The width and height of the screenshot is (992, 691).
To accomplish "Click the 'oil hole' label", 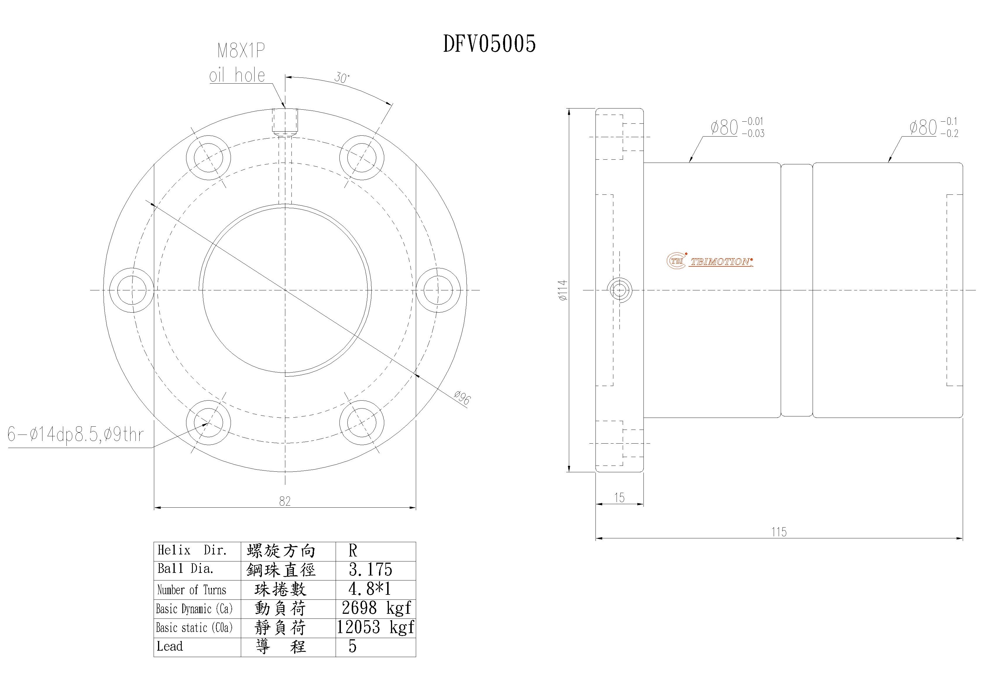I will click(237, 75).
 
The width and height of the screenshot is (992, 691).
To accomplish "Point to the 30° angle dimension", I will click(341, 78).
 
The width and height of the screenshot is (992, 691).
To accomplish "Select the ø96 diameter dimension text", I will click(462, 397).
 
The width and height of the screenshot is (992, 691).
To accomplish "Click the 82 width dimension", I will click(285, 501).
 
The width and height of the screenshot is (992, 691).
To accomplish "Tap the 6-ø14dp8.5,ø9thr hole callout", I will click(75, 435).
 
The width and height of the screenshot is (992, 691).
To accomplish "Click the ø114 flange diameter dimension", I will click(562, 290).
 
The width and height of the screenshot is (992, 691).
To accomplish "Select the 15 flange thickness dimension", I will click(619, 497).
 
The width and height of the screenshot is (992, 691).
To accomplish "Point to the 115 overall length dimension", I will click(779, 532).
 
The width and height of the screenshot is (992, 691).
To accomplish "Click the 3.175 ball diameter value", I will click(371, 570).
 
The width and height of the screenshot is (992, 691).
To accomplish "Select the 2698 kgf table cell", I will click(376, 608).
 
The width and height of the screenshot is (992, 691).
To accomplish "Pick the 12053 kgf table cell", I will click(375, 627).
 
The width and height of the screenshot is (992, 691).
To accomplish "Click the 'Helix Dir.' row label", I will click(192, 550).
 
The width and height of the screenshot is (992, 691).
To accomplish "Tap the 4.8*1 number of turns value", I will click(369, 589).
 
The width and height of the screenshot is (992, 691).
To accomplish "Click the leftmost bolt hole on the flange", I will click(131, 290).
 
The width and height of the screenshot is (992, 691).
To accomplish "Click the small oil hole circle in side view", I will click(619, 290).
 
